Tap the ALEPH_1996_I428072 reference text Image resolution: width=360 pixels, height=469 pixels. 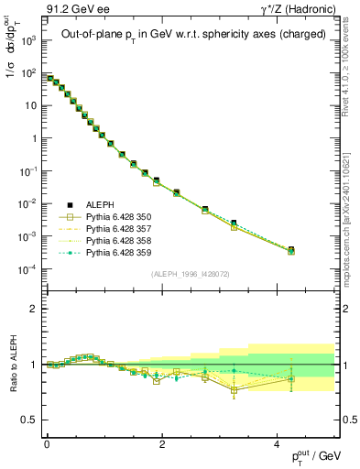[190, 274]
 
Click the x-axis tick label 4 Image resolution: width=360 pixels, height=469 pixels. [277, 443]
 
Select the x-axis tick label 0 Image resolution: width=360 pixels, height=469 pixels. [47, 443]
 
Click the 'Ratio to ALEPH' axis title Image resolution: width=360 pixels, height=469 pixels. [12, 364]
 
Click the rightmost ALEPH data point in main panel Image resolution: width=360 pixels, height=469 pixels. [291, 249]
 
